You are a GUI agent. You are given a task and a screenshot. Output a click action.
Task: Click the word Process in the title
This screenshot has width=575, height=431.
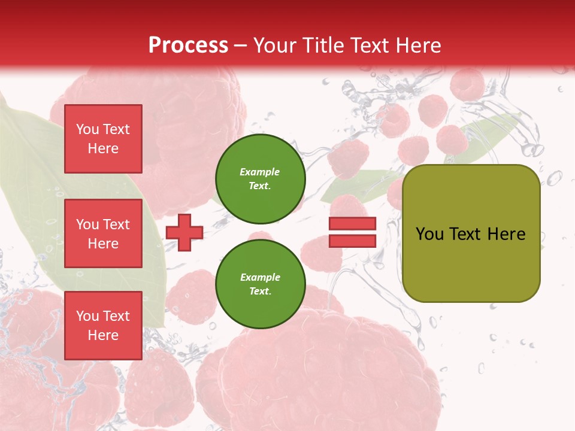tap(188, 45)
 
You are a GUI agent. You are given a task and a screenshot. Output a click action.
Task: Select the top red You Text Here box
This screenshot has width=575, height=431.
tap(103, 139)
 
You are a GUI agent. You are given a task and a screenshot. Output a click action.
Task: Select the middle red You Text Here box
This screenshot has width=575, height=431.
tap(103, 233)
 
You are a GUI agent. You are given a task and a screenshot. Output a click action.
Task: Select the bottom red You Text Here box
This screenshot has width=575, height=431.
tap(103, 326)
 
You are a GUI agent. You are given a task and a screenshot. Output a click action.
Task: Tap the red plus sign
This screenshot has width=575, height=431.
tap(184, 232)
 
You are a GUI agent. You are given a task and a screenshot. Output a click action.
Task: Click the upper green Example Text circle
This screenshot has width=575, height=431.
tap(260, 178)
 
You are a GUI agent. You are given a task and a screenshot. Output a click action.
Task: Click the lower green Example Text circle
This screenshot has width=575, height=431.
tap(260, 284)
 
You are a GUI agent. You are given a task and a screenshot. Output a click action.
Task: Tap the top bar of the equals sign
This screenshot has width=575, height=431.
tap(352, 224)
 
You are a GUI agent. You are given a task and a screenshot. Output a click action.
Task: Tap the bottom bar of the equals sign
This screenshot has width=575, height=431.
tap(352, 241)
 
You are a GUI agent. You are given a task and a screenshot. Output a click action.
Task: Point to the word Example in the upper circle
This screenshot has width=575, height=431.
tap(260, 172)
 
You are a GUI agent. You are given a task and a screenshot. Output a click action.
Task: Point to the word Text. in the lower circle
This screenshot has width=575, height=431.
tap(260, 291)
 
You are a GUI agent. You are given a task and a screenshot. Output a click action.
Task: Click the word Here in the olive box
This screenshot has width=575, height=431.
tap(506, 234)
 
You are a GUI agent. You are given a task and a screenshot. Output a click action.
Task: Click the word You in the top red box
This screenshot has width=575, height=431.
tap(87, 129)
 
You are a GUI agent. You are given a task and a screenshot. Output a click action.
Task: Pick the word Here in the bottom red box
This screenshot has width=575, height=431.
tap(103, 335)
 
